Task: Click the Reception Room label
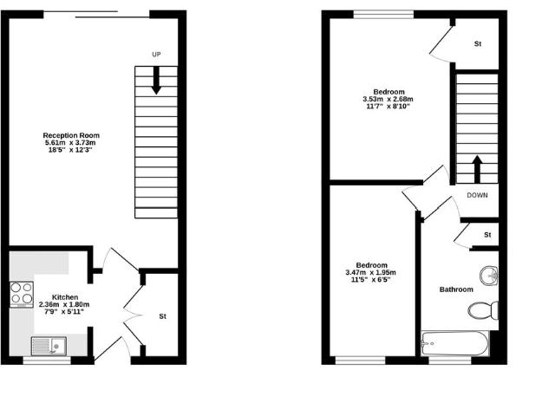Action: [72, 135]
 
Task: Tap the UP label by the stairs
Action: [156, 55]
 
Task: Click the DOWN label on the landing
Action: [477, 195]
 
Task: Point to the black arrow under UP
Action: [156, 80]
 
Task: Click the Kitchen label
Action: [65, 296]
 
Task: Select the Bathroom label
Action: [456, 289]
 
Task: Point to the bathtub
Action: [454, 344]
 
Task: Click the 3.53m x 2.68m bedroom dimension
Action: [387, 99]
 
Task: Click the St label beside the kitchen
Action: [162, 316]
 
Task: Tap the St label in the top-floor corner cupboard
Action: [477, 43]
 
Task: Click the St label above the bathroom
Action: [487, 235]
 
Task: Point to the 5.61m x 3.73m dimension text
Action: [72, 143]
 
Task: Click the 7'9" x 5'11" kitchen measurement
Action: [65, 312]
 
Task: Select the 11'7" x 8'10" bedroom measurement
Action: [387, 107]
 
